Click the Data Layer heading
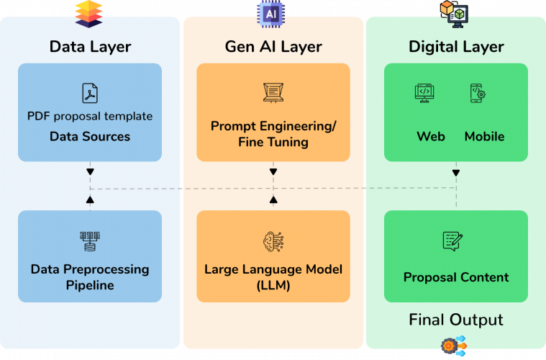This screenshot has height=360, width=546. [x=90, y=47]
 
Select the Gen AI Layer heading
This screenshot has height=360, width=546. [x=273, y=47]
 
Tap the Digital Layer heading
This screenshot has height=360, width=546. [x=456, y=47]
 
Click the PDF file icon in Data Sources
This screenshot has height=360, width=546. [x=90, y=94]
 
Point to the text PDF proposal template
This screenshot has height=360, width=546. [x=90, y=116]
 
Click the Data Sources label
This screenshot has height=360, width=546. [x=90, y=136]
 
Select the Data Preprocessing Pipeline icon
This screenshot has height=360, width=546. [x=90, y=241]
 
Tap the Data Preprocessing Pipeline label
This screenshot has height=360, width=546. [x=90, y=277]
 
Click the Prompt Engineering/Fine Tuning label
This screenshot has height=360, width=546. [x=273, y=134]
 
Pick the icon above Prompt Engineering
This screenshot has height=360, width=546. [x=273, y=92]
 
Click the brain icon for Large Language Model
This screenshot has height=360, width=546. [x=273, y=241]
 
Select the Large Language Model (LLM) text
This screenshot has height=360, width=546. [x=273, y=277]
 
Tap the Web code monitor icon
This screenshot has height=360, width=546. [x=424, y=94]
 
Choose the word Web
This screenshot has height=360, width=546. [x=431, y=136]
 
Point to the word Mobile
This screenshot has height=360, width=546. [x=484, y=136]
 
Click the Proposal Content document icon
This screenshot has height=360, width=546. [x=452, y=241]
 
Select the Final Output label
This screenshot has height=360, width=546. [x=456, y=320]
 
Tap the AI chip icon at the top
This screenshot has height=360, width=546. [x=270, y=14]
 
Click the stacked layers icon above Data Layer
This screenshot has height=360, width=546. [x=88, y=14]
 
